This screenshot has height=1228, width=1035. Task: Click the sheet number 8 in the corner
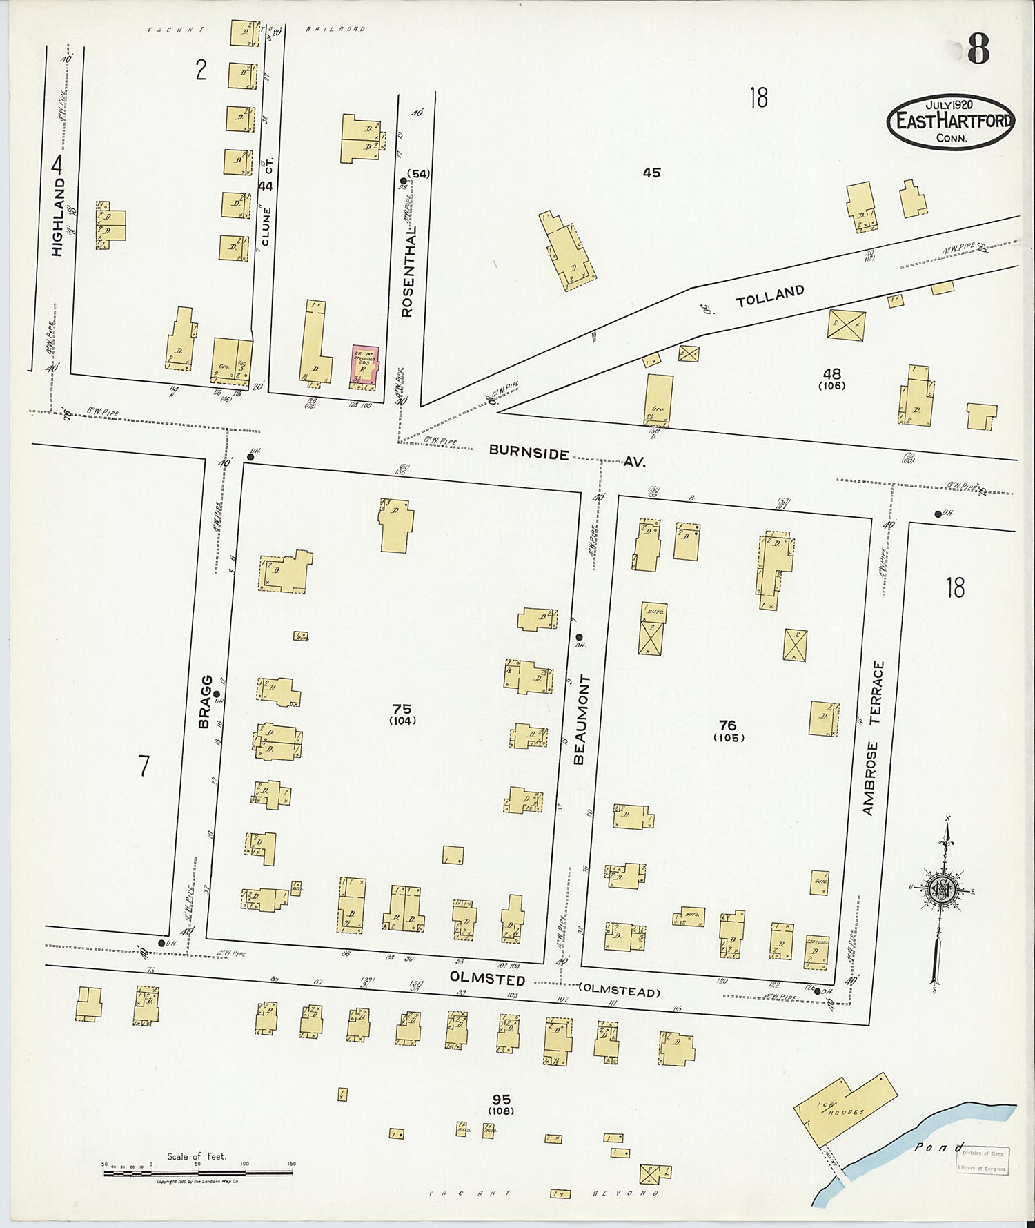(x=978, y=48)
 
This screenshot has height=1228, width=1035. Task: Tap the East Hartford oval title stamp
(x=951, y=121)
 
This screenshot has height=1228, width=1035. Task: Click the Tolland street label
(x=769, y=296)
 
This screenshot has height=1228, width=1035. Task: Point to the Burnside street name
(x=529, y=452)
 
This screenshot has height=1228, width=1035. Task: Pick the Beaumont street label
(x=579, y=719)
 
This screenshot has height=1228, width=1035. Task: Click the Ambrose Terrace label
(x=872, y=738)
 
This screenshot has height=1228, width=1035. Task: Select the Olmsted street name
(x=487, y=979)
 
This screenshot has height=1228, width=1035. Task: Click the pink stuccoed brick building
(x=364, y=364)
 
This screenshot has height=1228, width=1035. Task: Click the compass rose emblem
(x=942, y=889)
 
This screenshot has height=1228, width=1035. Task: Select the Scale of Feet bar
(x=197, y=1171)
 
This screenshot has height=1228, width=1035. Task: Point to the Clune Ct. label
(x=267, y=207)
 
